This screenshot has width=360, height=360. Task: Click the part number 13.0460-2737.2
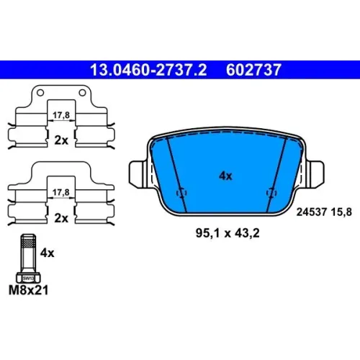(148, 70)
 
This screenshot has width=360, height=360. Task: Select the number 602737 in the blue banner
(253, 70)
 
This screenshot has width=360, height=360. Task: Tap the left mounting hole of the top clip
(40, 92)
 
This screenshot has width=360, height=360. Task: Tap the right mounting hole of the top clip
(82, 92)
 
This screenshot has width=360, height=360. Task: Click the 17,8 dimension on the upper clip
(61, 115)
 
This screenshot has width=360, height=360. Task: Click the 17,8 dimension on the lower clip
(61, 192)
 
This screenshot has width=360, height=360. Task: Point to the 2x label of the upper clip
(61, 140)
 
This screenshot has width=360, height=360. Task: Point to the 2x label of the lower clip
(61, 218)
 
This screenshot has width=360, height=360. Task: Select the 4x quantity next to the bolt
(47, 253)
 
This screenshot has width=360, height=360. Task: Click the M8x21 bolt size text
(28, 290)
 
